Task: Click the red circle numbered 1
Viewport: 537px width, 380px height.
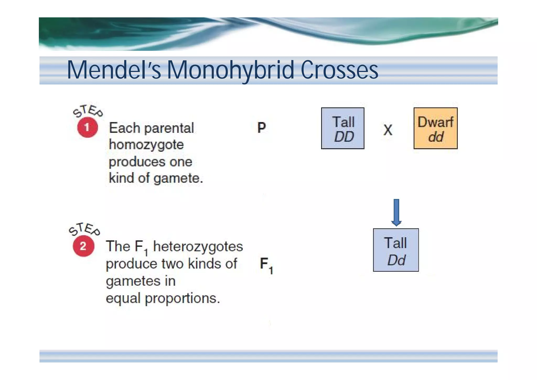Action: coord(88,128)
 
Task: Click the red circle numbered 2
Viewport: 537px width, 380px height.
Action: coord(83,246)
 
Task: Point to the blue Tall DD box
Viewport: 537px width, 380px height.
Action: coord(343,128)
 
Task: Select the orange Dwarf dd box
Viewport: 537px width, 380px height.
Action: coord(436,128)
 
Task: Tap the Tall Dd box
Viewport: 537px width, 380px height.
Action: coord(396,250)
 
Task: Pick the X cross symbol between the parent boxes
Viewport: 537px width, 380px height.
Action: coord(388,130)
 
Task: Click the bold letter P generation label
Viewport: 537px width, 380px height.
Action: coord(261,128)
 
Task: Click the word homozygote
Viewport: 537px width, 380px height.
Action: coord(146,145)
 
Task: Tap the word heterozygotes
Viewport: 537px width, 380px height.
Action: coord(198,247)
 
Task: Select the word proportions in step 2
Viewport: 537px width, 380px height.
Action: coord(182,298)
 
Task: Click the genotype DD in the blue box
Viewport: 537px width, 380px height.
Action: coord(344,137)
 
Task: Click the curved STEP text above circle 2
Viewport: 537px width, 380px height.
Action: coord(84,229)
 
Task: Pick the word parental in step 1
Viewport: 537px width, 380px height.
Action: coord(169,128)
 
